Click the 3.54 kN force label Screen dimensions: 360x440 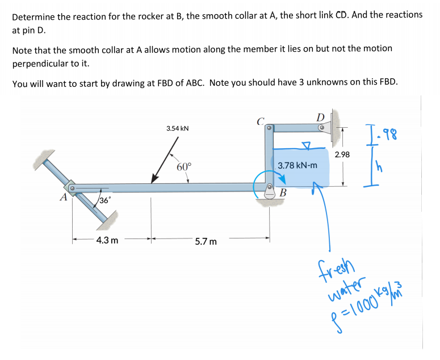click(177, 128)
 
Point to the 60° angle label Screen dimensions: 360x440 click(184, 166)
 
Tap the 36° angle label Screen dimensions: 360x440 click(105, 200)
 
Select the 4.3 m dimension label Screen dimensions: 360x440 click(107, 240)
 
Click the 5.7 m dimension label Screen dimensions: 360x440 click(206, 241)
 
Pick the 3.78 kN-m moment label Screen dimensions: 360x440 click(297, 166)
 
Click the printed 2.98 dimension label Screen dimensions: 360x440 click(342, 154)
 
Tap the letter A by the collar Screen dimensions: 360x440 click(64, 198)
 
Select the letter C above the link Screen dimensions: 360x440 click(260, 120)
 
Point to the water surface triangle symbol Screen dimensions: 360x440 click(307, 144)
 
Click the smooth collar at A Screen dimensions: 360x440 click(72, 187)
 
